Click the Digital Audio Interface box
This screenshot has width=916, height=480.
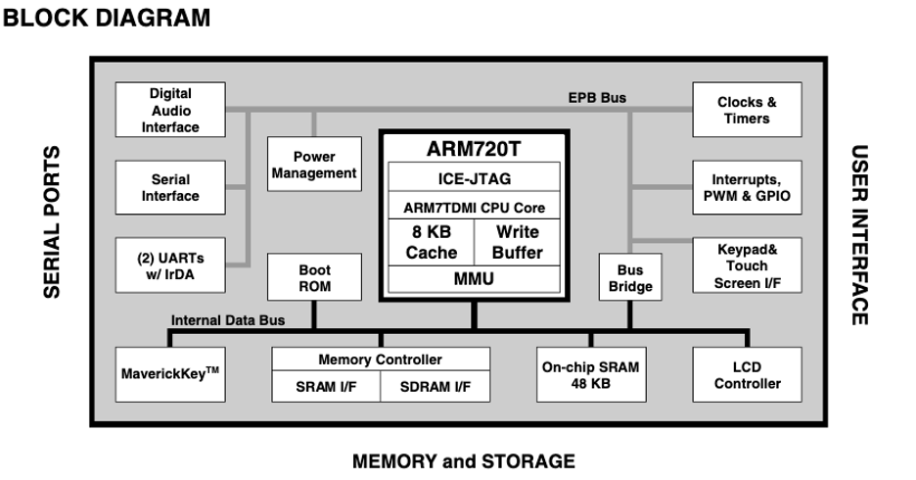170,111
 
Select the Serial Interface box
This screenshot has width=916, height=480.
170,187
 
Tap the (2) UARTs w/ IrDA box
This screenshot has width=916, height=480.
170,264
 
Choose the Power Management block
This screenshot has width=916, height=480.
314,165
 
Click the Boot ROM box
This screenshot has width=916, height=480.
314,277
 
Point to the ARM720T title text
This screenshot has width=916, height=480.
475,150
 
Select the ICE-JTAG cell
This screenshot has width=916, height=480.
475,178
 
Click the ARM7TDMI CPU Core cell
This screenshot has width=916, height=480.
475,208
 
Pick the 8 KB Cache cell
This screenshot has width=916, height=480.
432,242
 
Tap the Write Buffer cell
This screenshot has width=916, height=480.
518,242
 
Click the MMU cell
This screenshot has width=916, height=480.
475,279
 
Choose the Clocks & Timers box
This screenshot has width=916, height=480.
747,110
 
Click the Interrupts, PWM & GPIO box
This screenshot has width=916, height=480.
747,187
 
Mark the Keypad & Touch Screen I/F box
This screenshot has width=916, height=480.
747,265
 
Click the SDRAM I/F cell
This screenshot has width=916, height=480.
433,388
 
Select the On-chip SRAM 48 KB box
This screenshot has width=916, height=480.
590,374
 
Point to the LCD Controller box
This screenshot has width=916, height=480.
747,374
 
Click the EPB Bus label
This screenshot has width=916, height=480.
597,98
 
